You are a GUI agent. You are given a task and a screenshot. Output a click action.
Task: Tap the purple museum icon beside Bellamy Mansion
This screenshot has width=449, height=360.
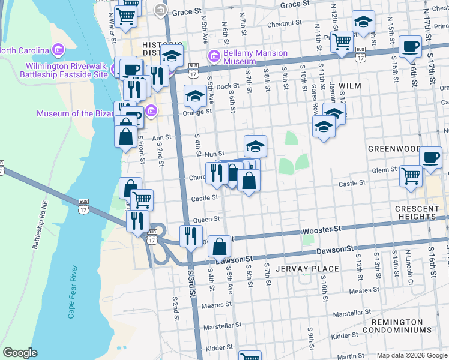point(213,58)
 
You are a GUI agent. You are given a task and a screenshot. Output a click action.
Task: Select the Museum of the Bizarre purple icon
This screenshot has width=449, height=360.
point(151,111)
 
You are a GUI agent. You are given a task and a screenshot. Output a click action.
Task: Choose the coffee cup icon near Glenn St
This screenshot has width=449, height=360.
point(430,157)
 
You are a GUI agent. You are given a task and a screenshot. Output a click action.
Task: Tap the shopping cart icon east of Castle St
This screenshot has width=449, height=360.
point(411,176)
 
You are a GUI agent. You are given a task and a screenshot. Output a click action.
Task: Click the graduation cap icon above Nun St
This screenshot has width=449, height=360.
point(255,146)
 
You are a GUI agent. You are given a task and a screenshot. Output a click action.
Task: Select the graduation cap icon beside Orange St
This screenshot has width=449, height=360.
point(195,96)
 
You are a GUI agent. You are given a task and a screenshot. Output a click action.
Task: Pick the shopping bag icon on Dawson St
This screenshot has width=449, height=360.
point(220,246)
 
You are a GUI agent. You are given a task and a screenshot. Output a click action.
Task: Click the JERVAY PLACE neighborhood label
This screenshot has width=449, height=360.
point(307,269)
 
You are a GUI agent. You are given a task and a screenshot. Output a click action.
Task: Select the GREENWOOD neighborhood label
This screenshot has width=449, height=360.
point(394,148)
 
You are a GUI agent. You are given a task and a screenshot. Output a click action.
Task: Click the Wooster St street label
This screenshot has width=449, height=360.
point(321,229)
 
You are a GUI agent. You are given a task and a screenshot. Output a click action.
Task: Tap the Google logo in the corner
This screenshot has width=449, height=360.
point(20,353)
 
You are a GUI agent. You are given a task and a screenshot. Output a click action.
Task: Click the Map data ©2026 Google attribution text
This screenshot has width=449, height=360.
point(411,355)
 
